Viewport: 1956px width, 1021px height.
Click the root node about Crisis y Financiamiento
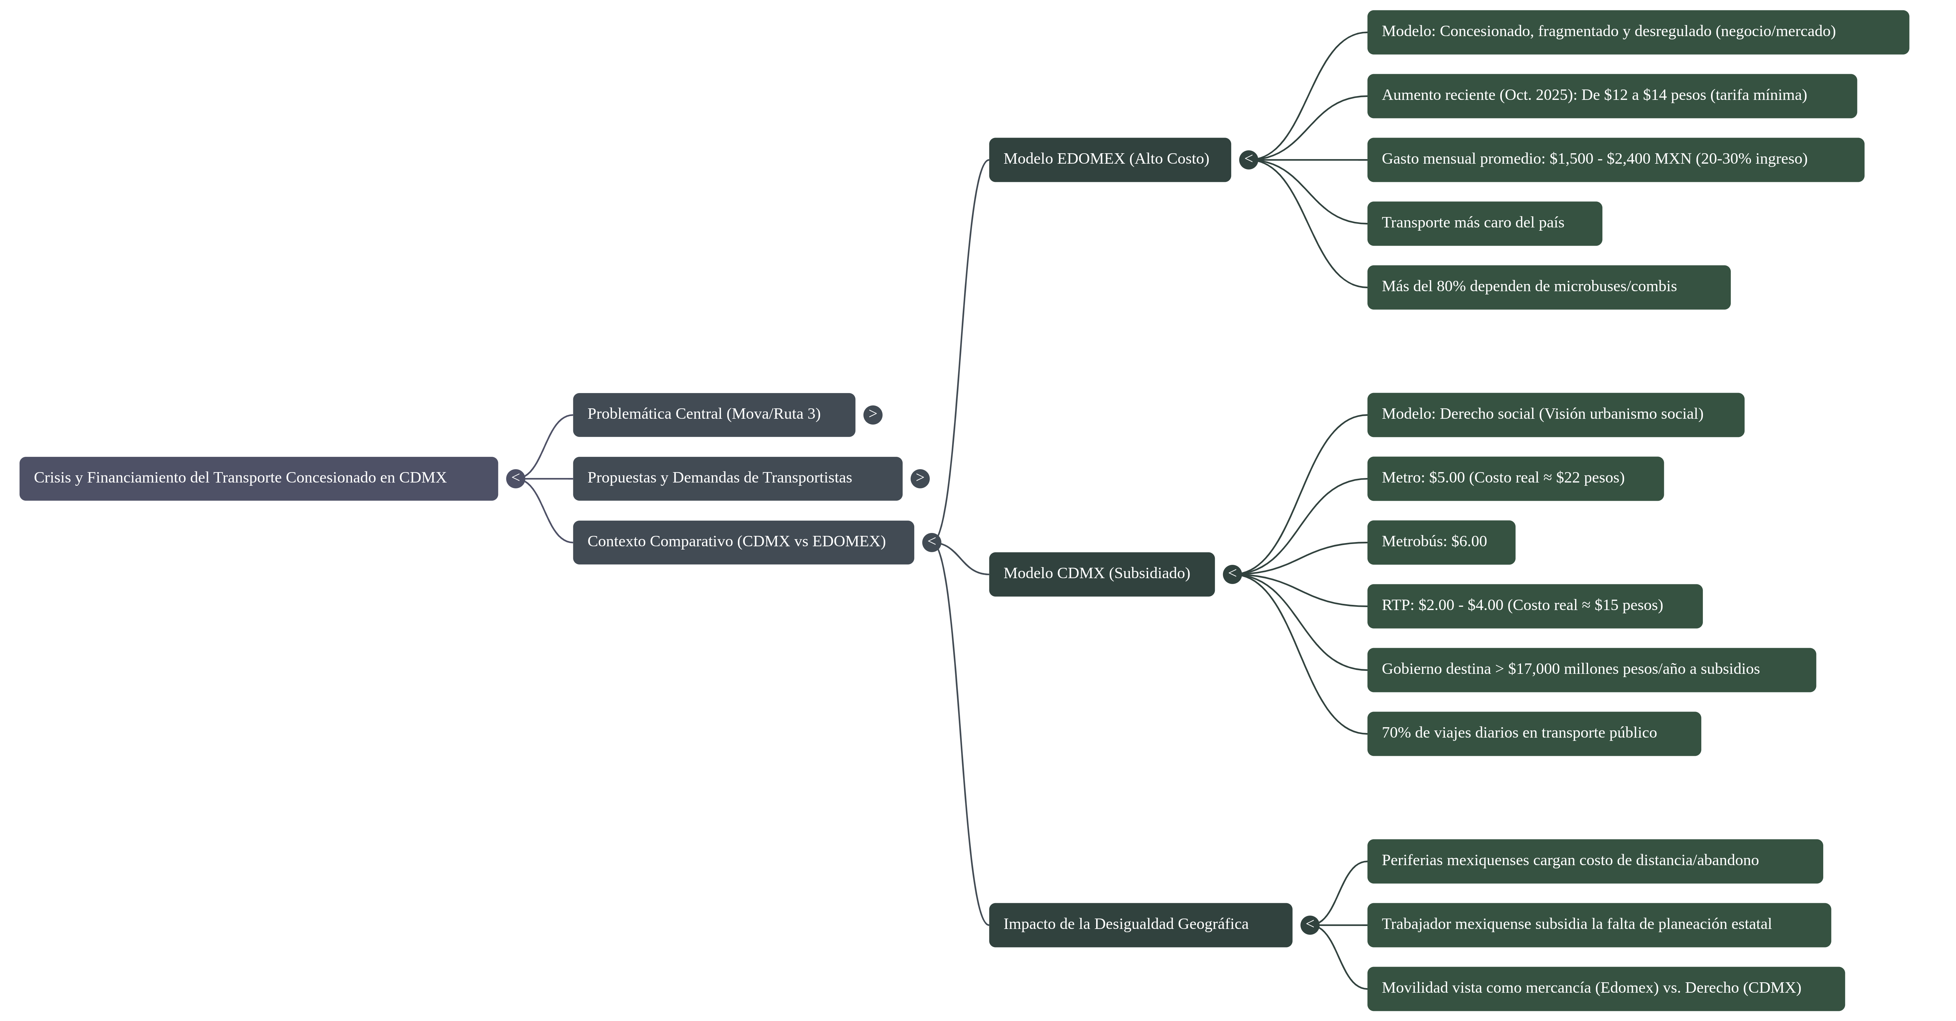[x=258, y=478]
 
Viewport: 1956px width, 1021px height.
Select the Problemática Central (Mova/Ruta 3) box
[x=714, y=415]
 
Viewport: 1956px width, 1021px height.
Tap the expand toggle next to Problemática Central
[x=873, y=415]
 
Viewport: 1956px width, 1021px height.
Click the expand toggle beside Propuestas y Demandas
[x=919, y=478]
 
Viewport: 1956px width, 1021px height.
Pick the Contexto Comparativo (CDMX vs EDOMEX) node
[x=743, y=542]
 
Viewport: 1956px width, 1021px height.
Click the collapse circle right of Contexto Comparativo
[x=932, y=542]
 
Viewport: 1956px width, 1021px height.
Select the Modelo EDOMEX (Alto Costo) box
[x=1109, y=159]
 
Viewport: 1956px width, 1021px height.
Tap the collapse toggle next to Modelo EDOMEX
[x=1248, y=159]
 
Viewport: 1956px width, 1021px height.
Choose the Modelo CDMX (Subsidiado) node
[x=1102, y=574]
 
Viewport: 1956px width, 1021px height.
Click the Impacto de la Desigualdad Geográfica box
[x=1140, y=925]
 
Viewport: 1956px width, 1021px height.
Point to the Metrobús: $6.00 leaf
[x=1441, y=542]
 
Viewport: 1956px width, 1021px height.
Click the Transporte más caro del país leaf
[x=1485, y=223]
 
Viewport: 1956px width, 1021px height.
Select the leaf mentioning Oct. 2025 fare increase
[x=1612, y=96]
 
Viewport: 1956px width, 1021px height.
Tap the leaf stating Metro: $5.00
[x=1515, y=478]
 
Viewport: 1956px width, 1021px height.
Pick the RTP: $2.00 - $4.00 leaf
[x=1535, y=606]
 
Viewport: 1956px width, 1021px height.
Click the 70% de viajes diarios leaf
[x=1534, y=733]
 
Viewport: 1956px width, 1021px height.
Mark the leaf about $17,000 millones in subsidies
[x=1592, y=670]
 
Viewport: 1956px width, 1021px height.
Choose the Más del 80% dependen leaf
[x=1549, y=287]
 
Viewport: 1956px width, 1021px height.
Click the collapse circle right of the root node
[x=516, y=478]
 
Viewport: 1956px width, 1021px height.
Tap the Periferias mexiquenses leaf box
[x=1595, y=861]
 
